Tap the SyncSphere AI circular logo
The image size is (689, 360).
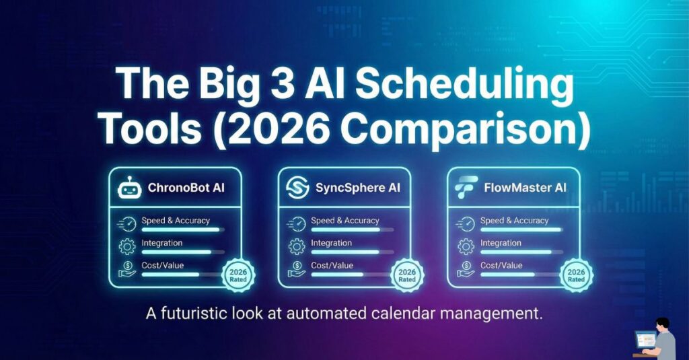pyautogui.click(x=297, y=188)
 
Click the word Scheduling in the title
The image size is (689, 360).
pyautogui.click(x=465, y=88)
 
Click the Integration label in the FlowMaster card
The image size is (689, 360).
pyautogui.click(x=501, y=243)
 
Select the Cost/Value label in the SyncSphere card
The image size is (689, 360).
pyautogui.click(x=332, y=265)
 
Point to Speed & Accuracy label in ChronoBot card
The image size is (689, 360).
pyautogui.click(x=176, y=220)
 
